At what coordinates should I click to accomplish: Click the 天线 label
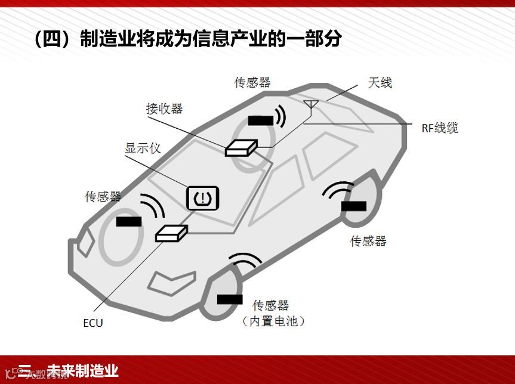[380, 83]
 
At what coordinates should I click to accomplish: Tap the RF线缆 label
[440, 128]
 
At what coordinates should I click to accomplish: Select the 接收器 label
[164, 109]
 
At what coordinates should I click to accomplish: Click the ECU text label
[92, 323]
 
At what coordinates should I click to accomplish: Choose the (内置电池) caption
[273, 321]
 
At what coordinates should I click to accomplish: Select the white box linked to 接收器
[240, 147]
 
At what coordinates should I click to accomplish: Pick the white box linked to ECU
[171, 233]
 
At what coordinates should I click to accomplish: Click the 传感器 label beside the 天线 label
[252, 82]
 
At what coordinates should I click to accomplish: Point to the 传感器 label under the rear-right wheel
[368, 241]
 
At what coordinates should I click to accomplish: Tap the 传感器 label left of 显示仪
[103, 196]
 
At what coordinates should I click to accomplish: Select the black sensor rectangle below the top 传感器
[260, 120]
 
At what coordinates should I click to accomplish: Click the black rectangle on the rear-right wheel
[354, 206]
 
